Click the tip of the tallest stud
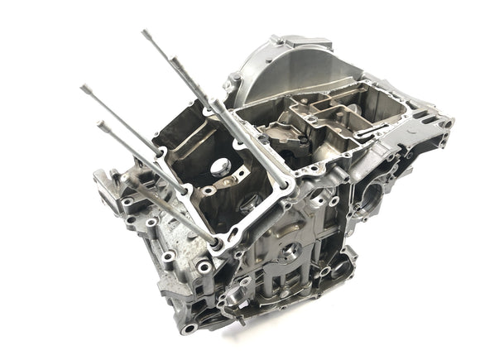pyautogui.click(x=145, y=33)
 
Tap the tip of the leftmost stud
pyautogui.click(x=84, y=87)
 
